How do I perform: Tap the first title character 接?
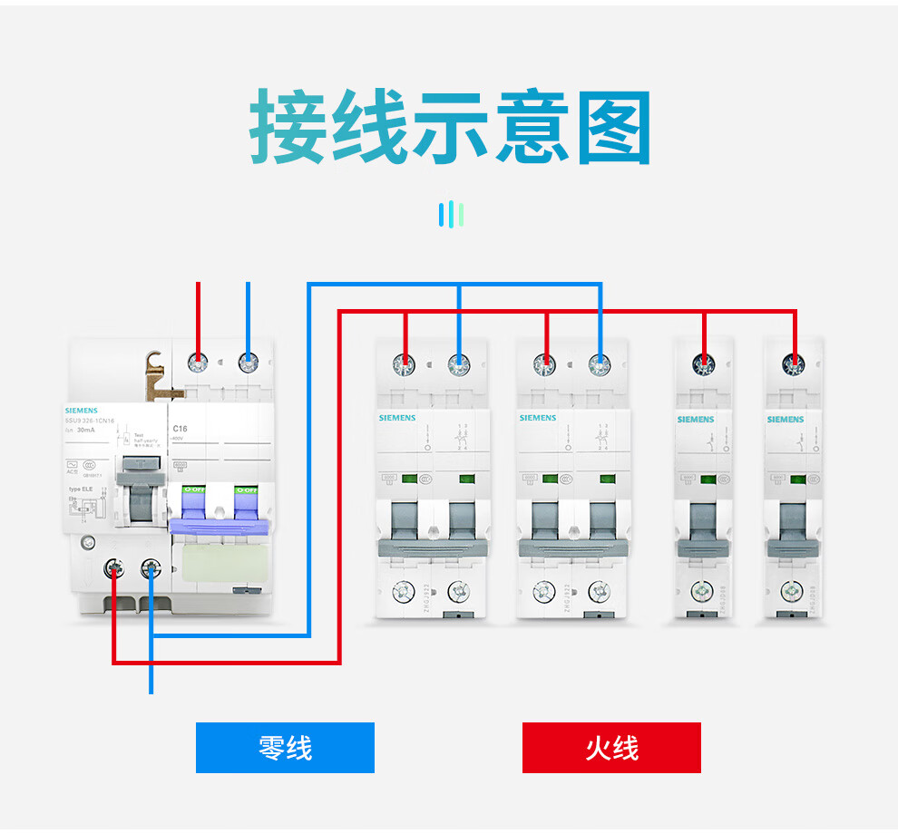(287, 126)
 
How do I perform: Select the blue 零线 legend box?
(285, 748)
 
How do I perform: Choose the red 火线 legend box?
(611, 748)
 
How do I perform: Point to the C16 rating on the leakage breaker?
(180, 428)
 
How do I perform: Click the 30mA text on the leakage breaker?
(85, 430)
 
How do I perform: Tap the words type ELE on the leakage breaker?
(82, 489)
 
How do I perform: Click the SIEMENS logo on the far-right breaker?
(786, 419)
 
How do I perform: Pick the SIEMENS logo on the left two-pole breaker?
(397, 418)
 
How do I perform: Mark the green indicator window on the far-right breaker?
(798, 479)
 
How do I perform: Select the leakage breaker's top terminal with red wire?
(198, 363)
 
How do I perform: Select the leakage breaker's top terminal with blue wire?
(248, 363)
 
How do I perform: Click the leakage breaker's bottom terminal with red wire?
(114, 569)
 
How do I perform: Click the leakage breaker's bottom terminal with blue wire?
(151, 569)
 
